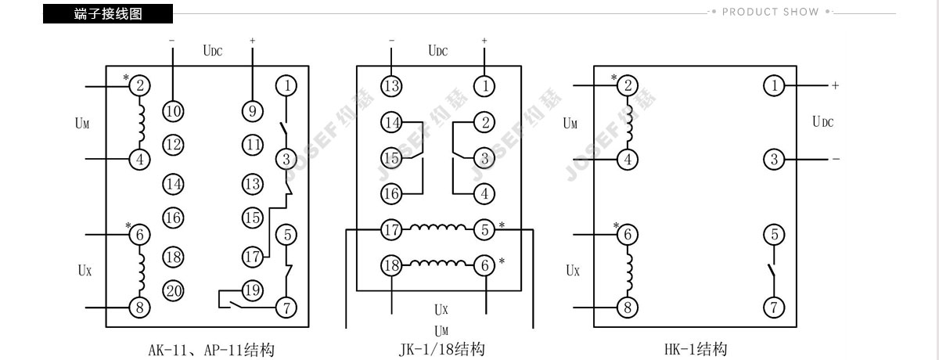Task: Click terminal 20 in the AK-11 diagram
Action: (173, 291)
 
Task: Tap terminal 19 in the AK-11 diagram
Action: (253, 290)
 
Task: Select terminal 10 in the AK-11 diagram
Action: (173, 111)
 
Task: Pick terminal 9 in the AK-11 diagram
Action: (253, 111)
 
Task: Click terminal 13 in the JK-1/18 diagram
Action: (391, 86)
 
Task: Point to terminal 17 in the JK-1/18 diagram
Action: (391, 229)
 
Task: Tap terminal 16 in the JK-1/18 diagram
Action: (391, 193)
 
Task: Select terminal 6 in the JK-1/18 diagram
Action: (484, 265)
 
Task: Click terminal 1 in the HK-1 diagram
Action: (774, 86)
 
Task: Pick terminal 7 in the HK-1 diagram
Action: (774, 308)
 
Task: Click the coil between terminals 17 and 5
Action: (438, 227)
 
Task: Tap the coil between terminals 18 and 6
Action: (438, 263)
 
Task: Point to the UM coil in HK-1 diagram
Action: (630, 123)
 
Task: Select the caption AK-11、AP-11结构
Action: (211, 350)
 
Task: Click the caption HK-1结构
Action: (696, 349)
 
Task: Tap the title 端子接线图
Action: (108, 14)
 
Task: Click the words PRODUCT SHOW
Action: (771, 12)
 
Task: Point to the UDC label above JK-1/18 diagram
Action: (438, 51)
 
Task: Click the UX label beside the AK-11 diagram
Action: (85, 270)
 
